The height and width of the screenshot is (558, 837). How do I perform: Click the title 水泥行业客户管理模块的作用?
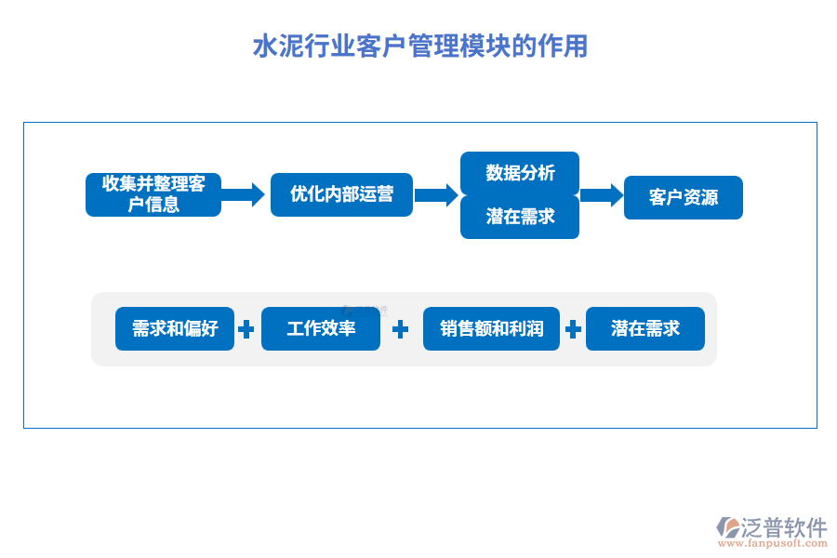pos(419,46)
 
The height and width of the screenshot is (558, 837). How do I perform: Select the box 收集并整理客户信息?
pos(153,194)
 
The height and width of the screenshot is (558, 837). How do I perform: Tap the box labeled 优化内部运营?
pos(341,194)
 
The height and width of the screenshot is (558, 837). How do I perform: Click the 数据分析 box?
pos(520,173)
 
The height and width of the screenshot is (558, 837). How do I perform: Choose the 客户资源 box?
pos(683,197)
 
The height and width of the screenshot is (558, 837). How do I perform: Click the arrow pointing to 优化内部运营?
pos(245,194)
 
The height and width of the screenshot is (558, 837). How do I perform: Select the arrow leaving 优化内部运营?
pos(436,194)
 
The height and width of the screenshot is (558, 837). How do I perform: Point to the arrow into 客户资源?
pos(601,194)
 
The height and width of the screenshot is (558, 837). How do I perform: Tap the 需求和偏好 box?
pos(175,328)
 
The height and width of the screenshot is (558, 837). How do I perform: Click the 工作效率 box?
pos(321,328)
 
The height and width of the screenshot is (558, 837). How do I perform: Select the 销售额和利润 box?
pos(491,328)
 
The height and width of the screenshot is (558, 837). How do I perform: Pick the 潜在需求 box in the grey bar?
pos(645,328)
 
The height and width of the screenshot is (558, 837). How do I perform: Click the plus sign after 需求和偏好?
pos(246,329)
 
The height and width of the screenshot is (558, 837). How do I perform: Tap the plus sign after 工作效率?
pos(401,329)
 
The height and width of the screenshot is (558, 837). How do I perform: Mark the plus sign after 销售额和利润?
pos(573,329)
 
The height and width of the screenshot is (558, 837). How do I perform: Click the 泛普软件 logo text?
pos(784,527)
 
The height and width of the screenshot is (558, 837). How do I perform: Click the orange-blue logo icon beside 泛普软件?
pos(728,526)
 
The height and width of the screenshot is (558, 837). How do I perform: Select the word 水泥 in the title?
pos(270,46)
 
